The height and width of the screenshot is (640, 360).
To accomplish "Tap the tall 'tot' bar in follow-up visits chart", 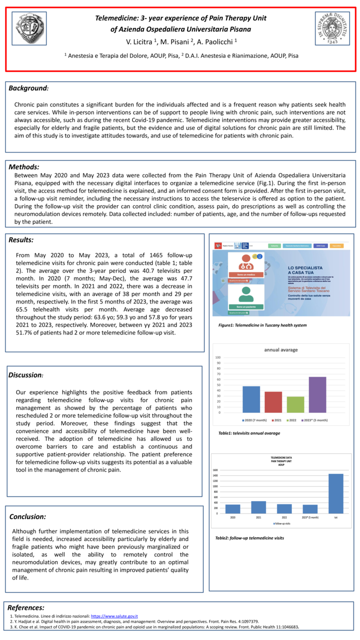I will pyautogui.click(x=336, y=493).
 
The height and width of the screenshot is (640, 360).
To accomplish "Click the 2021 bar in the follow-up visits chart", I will pyautogui.click(x=258, y=507).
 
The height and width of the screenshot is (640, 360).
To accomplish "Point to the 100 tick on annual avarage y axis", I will pyautogui.click(x=218, y=357).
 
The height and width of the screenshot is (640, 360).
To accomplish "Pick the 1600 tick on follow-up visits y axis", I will pyautogui.click(x=215, y=470).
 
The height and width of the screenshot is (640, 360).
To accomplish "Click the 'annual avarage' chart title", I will pyautogui.click(x=281, y=349).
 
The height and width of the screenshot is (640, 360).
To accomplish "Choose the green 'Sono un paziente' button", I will pyautogui.click(x=245, y=306).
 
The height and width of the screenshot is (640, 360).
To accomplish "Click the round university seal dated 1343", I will pyautogui.click(x=332, y=28).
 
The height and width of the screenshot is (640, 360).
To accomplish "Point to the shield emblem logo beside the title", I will pyautogui.click(x=28, y=28).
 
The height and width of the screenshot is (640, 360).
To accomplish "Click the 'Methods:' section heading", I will pyautogui.click(x=24, y=167).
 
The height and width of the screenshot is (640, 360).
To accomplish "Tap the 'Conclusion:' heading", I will pyautogui.click(x=28, y=516).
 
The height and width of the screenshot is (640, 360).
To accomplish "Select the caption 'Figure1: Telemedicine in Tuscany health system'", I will pyautogui.click(x=262, y=325).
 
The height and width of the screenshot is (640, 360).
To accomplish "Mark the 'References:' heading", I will pyautogui.click(x=26, y=607).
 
